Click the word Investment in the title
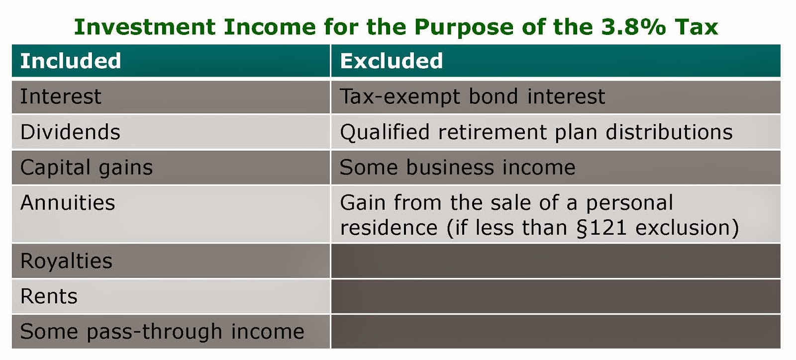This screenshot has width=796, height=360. point(145,27)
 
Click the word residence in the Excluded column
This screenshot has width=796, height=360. point(389,228)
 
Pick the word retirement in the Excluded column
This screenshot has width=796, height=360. point(492,132)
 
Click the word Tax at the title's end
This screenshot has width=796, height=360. point(696,27)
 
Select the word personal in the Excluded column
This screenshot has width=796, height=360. point(629,203)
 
